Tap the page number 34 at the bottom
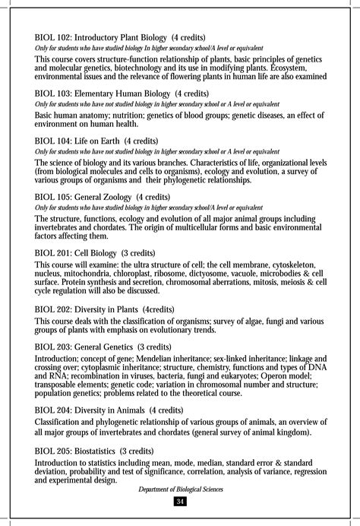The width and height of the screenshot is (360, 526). (180, 500)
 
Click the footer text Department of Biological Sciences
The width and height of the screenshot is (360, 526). (181, 489)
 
